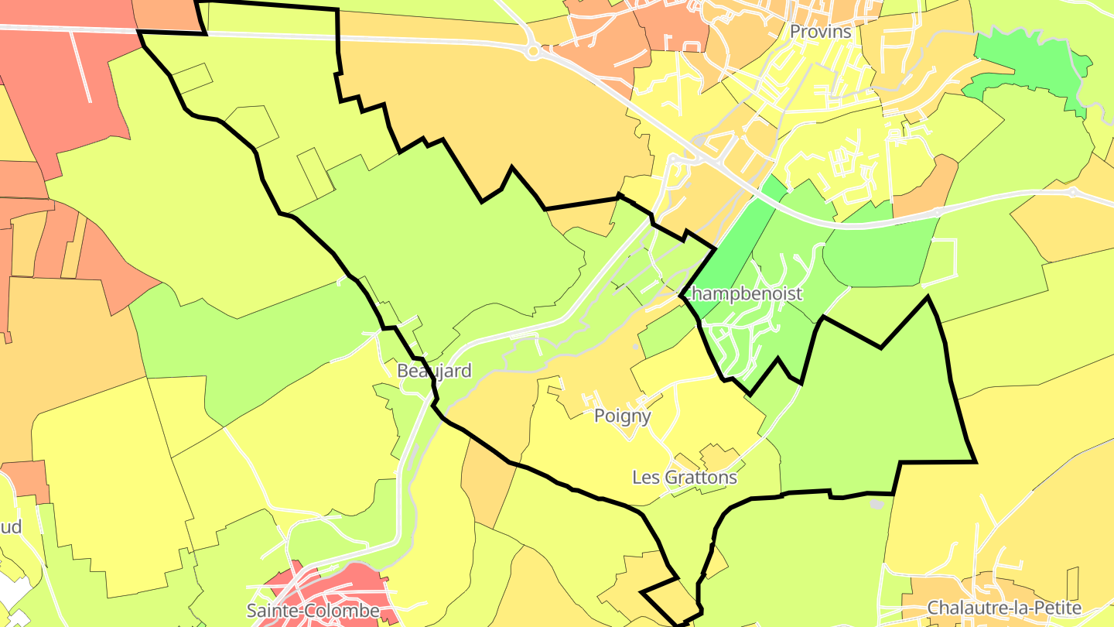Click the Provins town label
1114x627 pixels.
[x=820, y=32]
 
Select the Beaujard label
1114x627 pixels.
[x=434, y=371]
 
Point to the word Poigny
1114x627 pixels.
[x=622, y=416]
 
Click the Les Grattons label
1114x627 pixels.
[x=685, y=478]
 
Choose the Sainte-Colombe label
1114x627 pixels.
[x=313, y=611]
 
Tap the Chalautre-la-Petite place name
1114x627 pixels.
[x=1003, y=608]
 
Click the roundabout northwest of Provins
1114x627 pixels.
[x=532, y=52]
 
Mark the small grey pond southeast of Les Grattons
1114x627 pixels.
[x=876, y=504]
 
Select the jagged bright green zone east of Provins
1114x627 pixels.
[x=1029, y=70]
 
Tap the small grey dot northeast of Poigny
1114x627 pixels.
[x=635, y=347]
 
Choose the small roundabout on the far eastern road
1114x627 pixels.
[x=1072, y=190]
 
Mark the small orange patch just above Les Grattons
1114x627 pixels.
[x=716, y=457]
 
